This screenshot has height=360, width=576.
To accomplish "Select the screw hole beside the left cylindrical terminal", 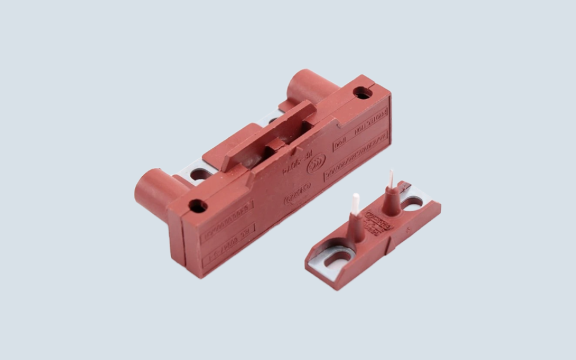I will click(197, 206).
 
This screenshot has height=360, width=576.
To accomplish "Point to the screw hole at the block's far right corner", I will click(362, 93).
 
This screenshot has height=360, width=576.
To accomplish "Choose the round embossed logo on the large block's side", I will click(316, 163).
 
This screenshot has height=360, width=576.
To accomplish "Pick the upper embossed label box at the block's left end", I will click(227, 214).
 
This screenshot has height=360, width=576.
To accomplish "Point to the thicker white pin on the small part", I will click(355, 203).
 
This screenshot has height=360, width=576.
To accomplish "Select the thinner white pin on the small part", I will click(391, 178).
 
